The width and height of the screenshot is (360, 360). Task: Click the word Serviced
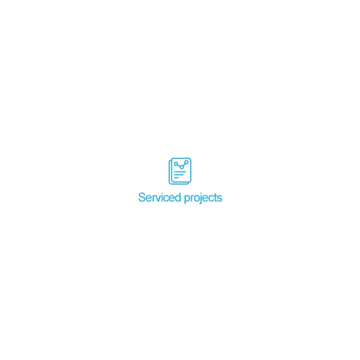(159, 197)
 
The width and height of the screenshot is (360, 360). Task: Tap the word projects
(203, 198)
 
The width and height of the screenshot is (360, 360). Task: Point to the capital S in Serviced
(142, 197)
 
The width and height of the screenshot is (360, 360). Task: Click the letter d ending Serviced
(178, 197)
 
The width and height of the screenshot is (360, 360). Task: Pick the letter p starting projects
(187, 200)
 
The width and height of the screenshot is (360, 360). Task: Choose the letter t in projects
(216, 198)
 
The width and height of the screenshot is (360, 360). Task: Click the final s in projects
(220, 199)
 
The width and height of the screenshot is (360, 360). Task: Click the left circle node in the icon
(176, 164)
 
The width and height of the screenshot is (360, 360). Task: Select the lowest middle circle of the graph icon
(182, 167)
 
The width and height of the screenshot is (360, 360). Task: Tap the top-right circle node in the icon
(186, 163)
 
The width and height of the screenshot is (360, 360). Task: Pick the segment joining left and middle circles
(179, 166)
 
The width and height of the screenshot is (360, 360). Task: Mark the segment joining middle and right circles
(184, 165)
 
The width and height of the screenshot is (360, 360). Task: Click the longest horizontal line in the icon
(180, 172)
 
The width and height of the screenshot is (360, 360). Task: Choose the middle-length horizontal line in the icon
(179, 175)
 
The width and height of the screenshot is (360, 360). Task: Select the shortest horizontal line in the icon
(176, 178)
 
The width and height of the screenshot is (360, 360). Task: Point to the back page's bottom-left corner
(169, 183)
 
